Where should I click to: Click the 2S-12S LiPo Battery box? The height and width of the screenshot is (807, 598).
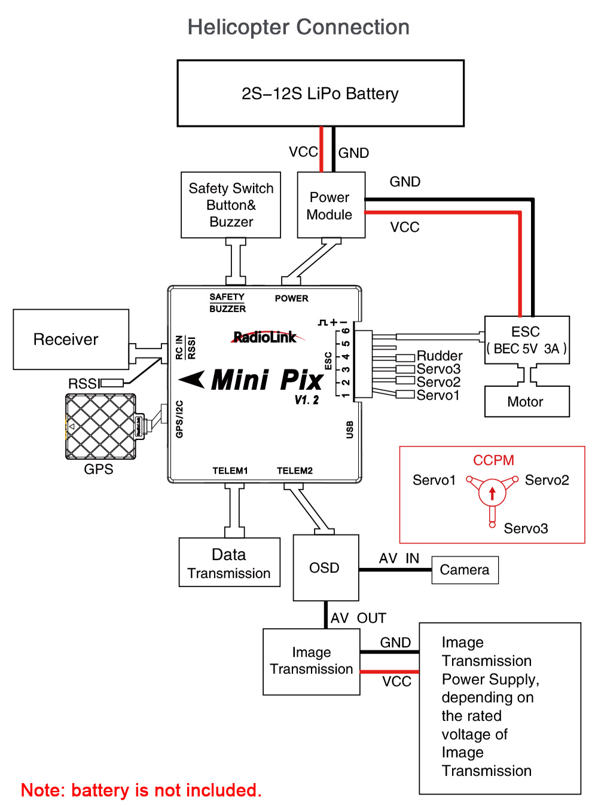[x=321, y=93]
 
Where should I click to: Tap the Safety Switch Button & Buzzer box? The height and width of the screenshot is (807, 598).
[x=231, y=205]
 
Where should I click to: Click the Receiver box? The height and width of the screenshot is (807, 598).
[x=71, y=339]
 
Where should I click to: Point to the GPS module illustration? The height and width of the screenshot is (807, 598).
[x=100, y=426]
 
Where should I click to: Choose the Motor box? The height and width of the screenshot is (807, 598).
[x=526, y=402]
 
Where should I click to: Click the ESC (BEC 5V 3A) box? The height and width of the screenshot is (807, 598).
[x=526, y=340]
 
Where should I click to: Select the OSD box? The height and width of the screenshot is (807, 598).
[x=325, y=567]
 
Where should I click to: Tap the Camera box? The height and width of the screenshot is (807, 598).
[x=465, y=570]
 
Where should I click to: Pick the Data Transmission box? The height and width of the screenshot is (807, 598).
[x=229, y=563]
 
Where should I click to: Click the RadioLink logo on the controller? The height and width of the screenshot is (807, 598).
[x=265, y=337]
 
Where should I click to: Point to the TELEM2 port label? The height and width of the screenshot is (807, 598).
[x=294, y=470]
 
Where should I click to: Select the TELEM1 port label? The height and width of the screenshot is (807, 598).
[x=230, y=470]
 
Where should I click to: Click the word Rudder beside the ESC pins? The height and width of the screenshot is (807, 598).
[x=440, y=356]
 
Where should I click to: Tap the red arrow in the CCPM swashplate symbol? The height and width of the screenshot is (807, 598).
[x=492, y=493]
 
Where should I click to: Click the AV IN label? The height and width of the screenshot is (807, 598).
[x=399, y=558]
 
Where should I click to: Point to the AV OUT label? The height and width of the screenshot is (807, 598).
[x=358, y=618]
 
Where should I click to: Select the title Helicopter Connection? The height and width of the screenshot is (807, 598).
[x=298, y=27]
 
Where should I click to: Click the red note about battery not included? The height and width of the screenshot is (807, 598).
[x=141, y=790]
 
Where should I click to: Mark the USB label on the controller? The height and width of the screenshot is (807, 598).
[x=350, y=429]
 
